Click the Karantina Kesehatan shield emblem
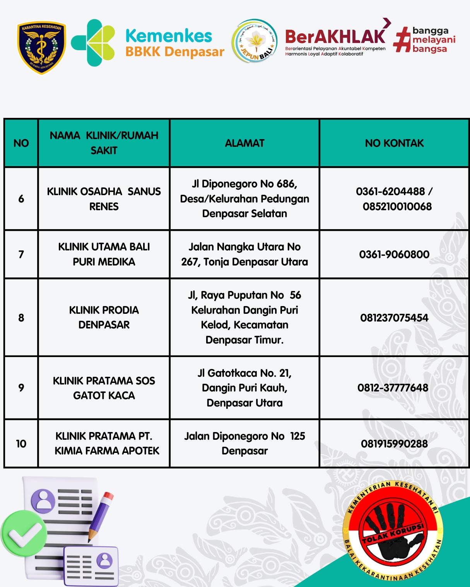41,48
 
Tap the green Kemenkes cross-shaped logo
93,43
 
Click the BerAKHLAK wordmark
335,37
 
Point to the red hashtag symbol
402,40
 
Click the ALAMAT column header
244,143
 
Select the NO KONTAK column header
394,143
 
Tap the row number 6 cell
21,199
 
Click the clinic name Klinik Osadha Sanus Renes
104,199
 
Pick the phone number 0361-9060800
394,255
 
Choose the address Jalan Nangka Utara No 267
244,254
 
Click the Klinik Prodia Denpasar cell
104,317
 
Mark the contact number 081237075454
394,318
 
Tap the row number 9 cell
21,388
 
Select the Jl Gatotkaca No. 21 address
244,388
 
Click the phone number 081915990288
394,444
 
